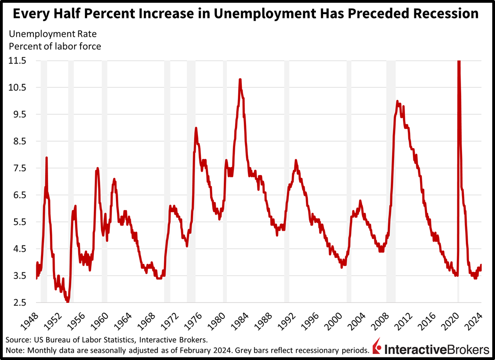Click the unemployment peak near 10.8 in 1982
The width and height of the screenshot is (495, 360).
coord(240,80)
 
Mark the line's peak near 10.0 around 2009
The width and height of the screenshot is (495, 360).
coord(397,101)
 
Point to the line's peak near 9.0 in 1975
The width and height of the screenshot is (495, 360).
coord(196,128)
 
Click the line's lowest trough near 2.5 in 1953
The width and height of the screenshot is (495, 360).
coord(67,301)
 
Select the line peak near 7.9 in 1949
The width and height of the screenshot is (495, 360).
coord(46,158)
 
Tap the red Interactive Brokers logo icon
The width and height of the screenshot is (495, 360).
coord(377,348)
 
